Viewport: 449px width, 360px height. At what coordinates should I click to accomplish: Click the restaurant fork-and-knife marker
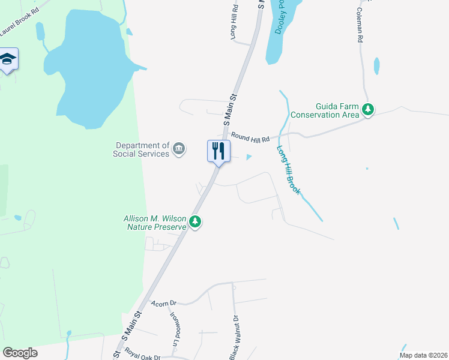pyautogui.click(x=218, y=150)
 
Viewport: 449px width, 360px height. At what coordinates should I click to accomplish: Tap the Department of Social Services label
pyautogui.click(x=142, y=149)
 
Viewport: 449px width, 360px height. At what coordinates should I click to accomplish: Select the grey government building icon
pyautogui.click(x=179, y=149)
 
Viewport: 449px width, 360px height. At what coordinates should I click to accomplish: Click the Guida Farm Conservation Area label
pyautogui.click(x=324, y=110)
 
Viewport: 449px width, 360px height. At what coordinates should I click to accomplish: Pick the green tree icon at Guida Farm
pyautogui.click(x=368, y=110)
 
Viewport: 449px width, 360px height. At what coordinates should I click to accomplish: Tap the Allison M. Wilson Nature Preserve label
pyautogui.click(x=155, y=223)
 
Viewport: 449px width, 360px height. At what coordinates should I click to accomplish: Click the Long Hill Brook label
pyautogui.click(x=290, y=169)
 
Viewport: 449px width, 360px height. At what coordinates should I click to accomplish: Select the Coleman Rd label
pyautogui.click(x=360, y=25)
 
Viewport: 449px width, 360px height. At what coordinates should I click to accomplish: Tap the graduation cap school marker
pyautogui.click(x=8, y=59)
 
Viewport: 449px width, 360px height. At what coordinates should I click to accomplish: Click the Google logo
pyautogui.click(x=20, y=353)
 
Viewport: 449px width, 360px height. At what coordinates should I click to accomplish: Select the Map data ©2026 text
pyautogui.click(x=423, y=355)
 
